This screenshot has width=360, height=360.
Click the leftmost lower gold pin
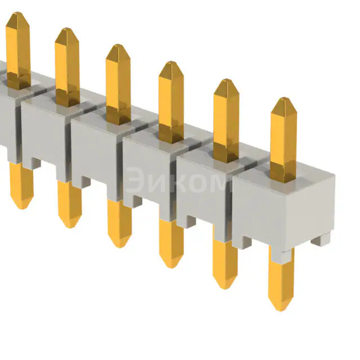(x=21, y=186)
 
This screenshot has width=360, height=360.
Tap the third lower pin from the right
(x=171, y=242)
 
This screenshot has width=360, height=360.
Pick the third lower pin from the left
(x=119, y=223)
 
